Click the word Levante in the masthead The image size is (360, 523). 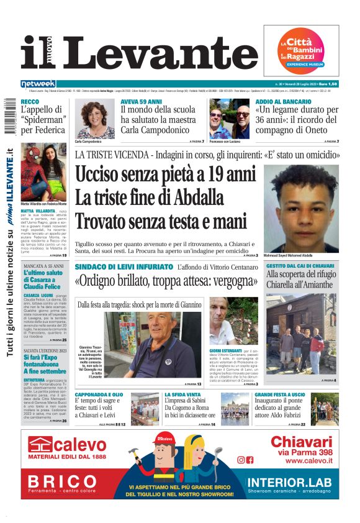[158, 53]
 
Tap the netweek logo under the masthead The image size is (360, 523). [38, 84]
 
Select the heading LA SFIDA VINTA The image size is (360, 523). [181, 394]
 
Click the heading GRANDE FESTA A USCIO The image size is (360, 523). [279, 394]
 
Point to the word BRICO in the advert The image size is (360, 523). [63, 481]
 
